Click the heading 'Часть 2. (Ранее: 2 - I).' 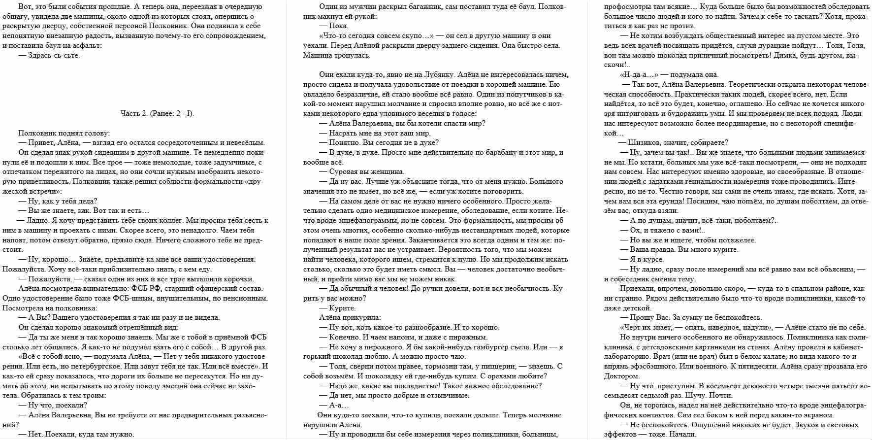(157, 113)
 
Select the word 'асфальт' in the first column (87, 45)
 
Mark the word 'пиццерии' (498, 366)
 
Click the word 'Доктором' (621, 376)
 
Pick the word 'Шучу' (696, 395)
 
